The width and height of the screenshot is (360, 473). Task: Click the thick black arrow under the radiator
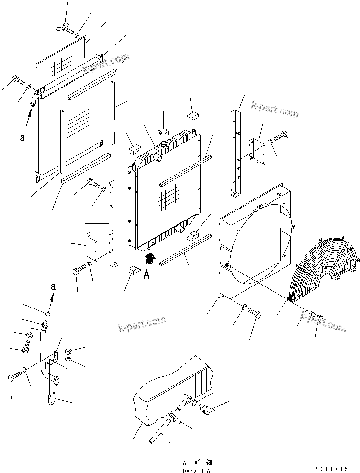[x=150, y=259]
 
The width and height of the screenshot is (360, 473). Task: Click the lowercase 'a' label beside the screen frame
[x=22, y=138]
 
